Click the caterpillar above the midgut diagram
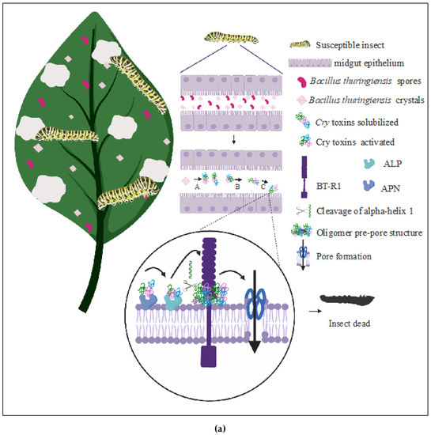pyautogui.click(x=224, y=36)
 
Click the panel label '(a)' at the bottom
pyautogui.click(x=215, y=426)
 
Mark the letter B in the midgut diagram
pyautogui.click(x=236, y=188)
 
